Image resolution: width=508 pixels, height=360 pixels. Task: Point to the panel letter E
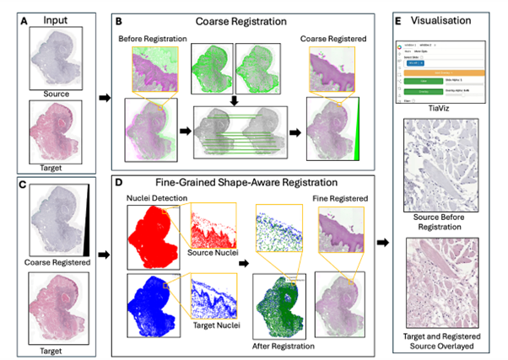[401, 15]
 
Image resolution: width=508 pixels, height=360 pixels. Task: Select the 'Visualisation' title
[451, 15]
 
